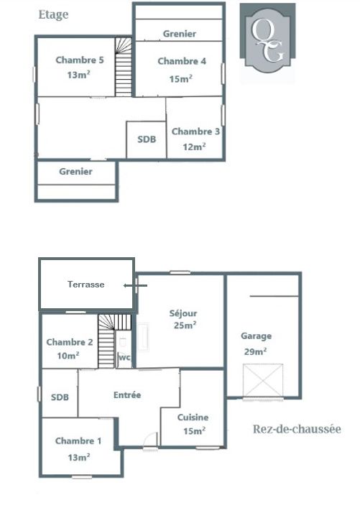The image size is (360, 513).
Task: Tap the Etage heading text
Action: coord(53,14)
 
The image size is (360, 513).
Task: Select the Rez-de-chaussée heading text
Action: coord(297,429)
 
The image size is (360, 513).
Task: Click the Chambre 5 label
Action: coord(80,60)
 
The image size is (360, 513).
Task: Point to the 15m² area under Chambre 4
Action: coord(180,78)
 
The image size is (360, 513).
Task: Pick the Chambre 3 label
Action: coord(195,131)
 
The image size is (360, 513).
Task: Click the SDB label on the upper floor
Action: coord(147,139)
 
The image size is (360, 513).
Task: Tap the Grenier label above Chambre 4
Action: coord(180,34)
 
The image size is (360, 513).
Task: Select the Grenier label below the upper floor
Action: coord(75,172)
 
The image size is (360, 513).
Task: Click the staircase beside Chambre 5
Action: coord(124,67)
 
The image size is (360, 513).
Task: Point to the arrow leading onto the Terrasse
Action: coord(135,286)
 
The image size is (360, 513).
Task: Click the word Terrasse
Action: coord(86,285)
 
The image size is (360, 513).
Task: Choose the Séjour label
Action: coord(183,313)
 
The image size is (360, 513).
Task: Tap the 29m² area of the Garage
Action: coord(255,351)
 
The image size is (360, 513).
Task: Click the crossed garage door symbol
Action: coord(263,380)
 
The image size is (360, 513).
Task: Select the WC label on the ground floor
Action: coord(124,357)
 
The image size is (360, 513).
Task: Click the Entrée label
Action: coord(127,395)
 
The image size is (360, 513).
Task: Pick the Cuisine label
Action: coord(193,417)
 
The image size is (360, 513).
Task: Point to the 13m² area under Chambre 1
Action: coord(79,457)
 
